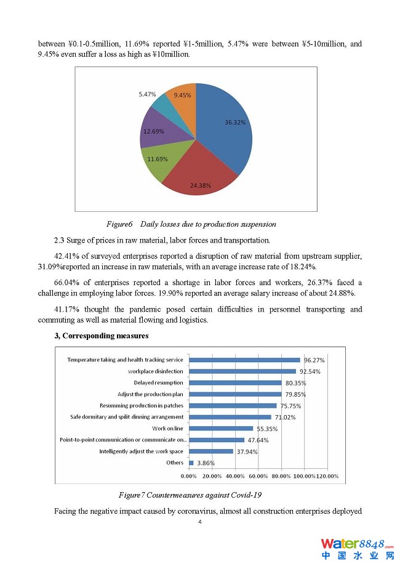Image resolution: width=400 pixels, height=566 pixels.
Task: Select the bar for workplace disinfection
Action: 242,371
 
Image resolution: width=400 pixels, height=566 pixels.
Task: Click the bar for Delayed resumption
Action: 235,383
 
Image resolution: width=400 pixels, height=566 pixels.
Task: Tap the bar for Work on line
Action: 220,429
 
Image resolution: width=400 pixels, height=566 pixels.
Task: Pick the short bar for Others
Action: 191,463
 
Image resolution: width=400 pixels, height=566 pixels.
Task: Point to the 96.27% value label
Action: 314,360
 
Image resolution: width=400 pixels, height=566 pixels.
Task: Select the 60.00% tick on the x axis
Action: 258,476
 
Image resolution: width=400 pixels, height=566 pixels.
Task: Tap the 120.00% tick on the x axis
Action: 327,476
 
